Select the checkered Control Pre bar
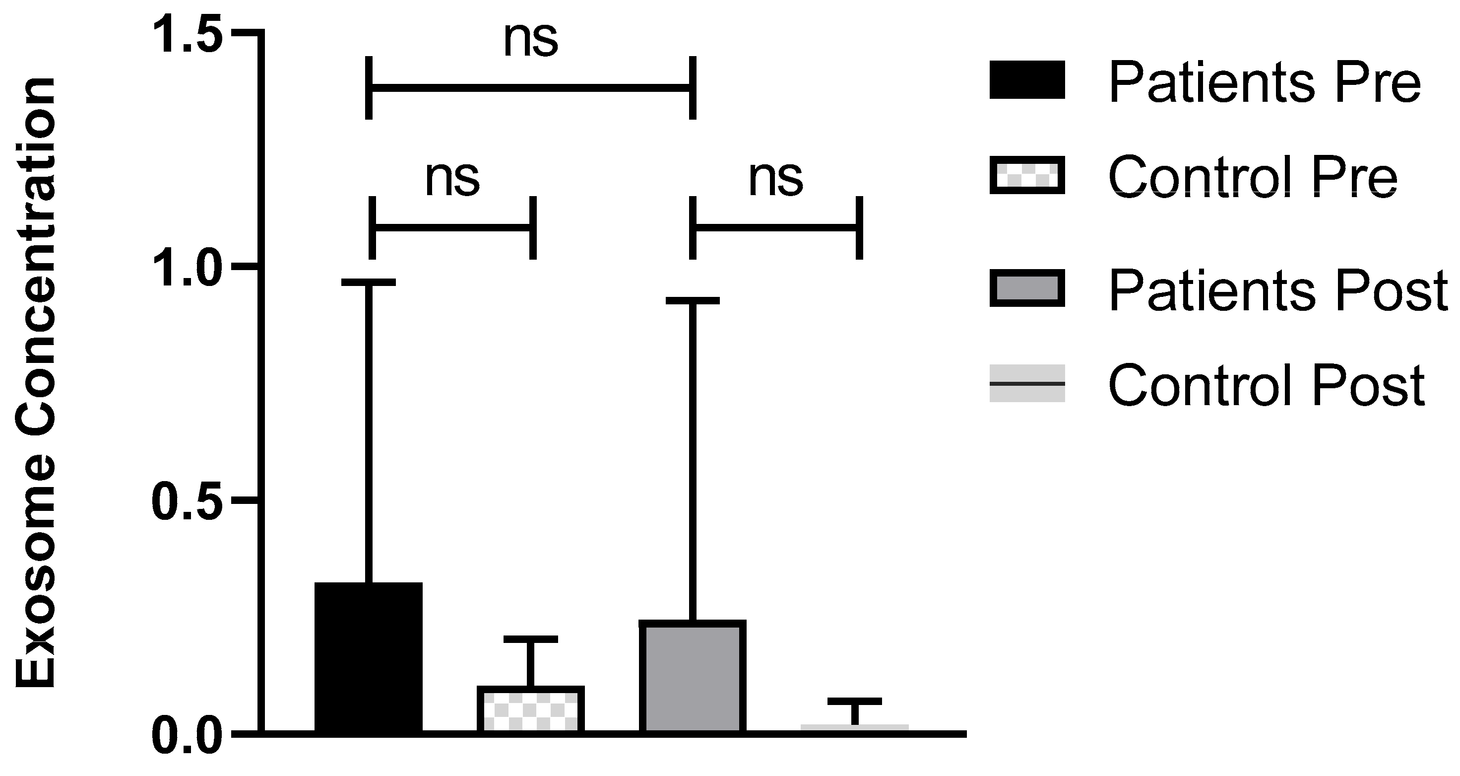tap(530, 709)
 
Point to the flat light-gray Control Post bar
tap(855, 728)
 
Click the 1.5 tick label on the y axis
tap(188, 35)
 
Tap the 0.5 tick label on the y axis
tap(188, 501)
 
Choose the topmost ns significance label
tap(530, 41)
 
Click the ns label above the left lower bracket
tap(452, 179)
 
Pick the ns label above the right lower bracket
tap(775, 179)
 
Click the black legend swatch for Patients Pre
tap(1027, 80)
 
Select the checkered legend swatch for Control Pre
tap(1027, 175)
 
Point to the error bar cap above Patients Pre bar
tap(369, 282)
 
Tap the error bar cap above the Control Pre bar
tap(530, 639)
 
